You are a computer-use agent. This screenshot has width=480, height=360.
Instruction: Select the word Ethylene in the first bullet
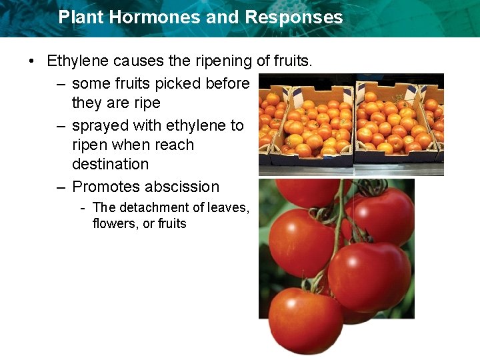pyautogui.click(x=78, y=62)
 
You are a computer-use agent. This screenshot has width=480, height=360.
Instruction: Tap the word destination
pyautogui.click(x=110, y=164)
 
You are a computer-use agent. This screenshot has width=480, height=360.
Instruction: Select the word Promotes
pyautogui.click(x=106, y=187)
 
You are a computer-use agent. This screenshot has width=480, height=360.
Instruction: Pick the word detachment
pyautogui.click(x=150, y=208)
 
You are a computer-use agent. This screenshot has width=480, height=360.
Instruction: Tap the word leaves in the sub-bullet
pyautogui.click(x=226, y=208)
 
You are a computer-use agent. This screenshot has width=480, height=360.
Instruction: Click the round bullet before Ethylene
pyautogui.click(x=31, y=62)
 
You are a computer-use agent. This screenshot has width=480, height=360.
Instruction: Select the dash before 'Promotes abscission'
pyautogui.click(x=60, y=187)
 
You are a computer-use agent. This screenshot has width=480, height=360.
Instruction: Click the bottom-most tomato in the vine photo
pyautogui.click(x=305, y=320)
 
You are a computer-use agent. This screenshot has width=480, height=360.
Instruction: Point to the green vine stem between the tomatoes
pyautogui.click(x=339, y=220)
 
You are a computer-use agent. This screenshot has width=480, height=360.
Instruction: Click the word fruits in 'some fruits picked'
pyautogui.click(x=129, y=83)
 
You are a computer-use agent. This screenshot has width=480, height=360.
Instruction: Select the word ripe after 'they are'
pyautogui.click(x=148, y=103)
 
